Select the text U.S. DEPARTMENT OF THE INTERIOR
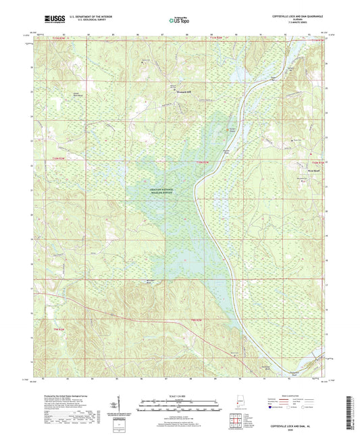pos(85,18)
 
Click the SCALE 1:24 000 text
pos(179,395)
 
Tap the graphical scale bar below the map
pos(179,403)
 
